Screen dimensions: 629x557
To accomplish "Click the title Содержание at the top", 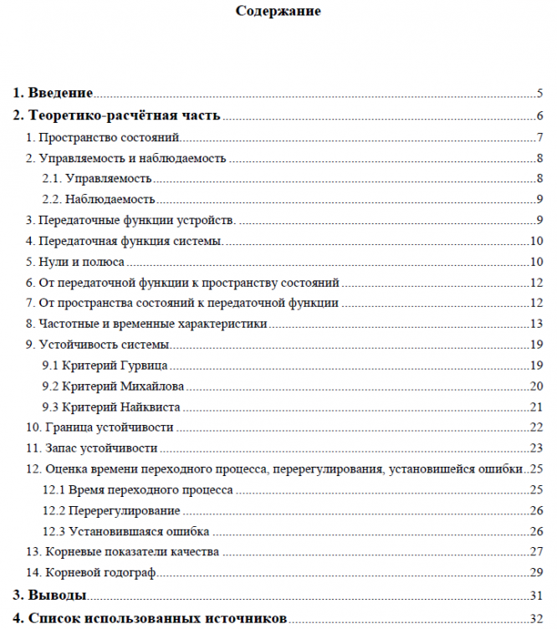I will tap(278, 12).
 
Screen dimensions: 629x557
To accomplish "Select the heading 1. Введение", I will tap(52, 93).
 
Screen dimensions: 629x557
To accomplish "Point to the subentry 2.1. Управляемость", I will tap(97, 178).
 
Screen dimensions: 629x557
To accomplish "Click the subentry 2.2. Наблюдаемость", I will tap(99, 199).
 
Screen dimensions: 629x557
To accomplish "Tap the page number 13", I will tap(537, 325).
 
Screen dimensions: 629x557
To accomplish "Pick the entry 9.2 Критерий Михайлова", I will tap(113, 386).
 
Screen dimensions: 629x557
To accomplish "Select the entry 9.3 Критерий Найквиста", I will tap(111, 407).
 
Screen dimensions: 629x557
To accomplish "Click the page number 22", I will tap(537, 427).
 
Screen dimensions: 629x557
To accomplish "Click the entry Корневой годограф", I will tap(91, 573).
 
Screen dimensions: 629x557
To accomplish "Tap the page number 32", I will tap(537, 618).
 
